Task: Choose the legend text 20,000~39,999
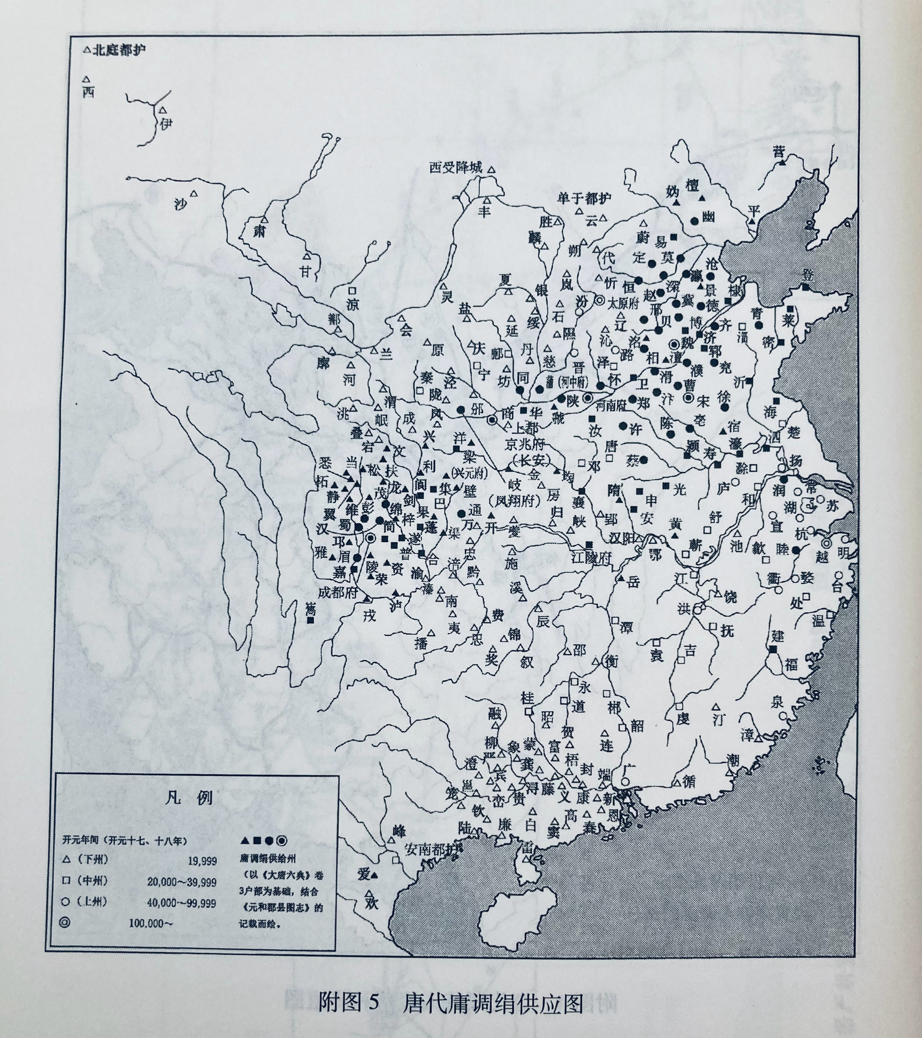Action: pos(181,882)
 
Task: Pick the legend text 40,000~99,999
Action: pos(181,903)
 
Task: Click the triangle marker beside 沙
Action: pos(193,194)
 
